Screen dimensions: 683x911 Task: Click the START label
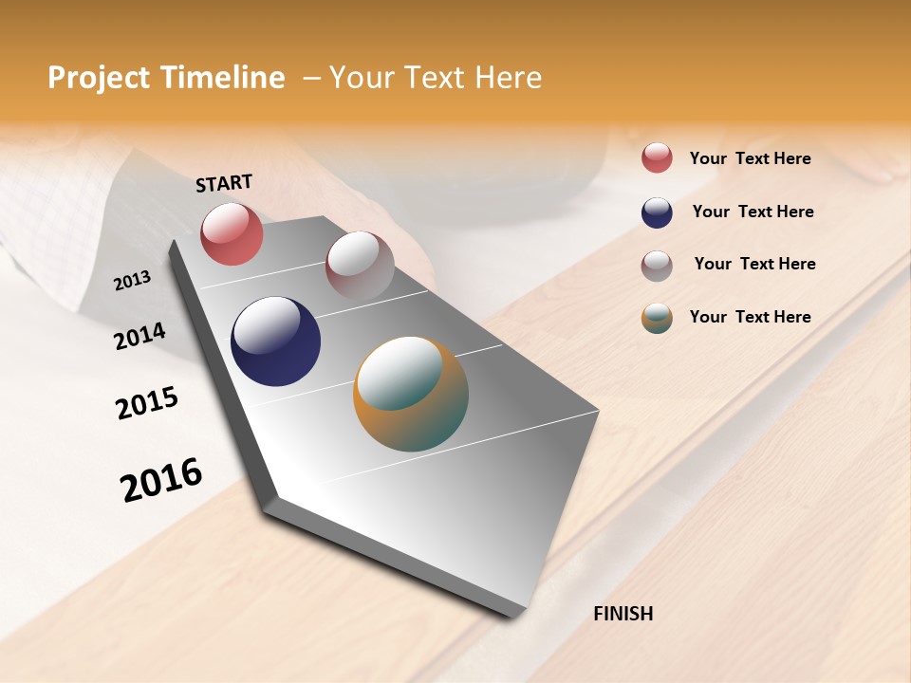[x=224, y=183]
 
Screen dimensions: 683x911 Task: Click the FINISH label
[x=623, y=614]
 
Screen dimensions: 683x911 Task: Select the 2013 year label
[x=133, y=280]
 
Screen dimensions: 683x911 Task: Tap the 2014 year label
[x=139, y=336]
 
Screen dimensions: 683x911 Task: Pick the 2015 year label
[x=147, y=402]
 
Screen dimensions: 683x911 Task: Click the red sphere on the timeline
[x=232, y=233]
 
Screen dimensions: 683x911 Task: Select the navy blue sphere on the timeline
[x=275, y=341]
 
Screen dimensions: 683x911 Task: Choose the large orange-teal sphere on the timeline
[x=411, y=394]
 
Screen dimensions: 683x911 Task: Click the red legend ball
[x=657, y=157]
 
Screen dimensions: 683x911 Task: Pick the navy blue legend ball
[x=657, y=212]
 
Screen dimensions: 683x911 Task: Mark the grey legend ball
[x=657, y=266]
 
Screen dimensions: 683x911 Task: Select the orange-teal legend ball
[x=657, y=319]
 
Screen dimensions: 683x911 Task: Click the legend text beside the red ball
[x=750, y=158]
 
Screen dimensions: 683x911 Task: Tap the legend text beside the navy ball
[x=753, y=212]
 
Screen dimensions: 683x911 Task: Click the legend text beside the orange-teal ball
[x=750, y=317]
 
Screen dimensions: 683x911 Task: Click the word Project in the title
[x=100, y=78]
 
